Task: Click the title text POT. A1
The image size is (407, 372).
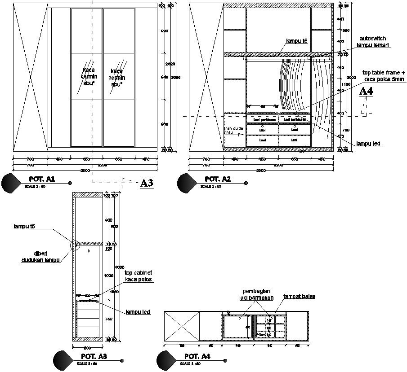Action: point(42,179)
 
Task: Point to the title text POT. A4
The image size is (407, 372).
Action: point(198,357)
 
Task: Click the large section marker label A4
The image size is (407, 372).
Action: point(366,92)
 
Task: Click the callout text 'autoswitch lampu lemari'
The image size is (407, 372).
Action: point(373,42)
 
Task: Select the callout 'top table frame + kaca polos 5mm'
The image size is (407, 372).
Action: point(384,76)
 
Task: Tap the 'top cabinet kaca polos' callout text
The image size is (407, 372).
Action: point(138,276)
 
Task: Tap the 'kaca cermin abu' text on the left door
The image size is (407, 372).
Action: point(89,77)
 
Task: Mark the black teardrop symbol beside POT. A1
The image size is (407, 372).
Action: point(11,183)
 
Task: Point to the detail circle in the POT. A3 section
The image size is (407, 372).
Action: point(75,245)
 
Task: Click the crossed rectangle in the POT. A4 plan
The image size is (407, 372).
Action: point(182,326)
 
